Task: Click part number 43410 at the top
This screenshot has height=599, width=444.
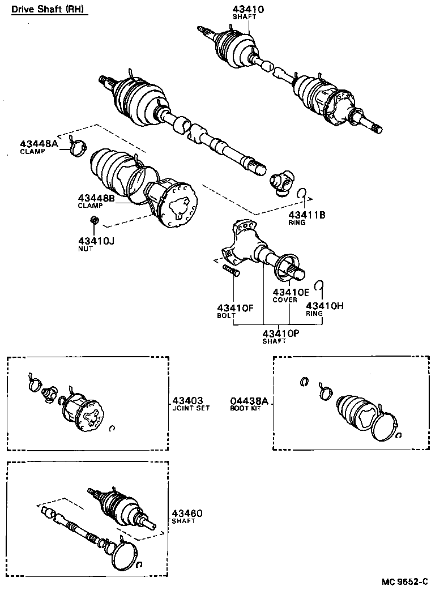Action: point(248,8)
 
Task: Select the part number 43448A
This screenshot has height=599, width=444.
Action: point(39,144)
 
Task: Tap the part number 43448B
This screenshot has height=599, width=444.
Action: point(97,198)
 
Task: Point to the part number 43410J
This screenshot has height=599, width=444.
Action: point(96,241)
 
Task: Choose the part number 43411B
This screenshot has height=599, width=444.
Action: point(307,215)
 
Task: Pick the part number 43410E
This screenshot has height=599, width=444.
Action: point(291,292)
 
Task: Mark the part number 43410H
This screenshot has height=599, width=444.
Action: point(325,306)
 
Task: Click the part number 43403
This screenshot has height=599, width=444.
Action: point(187,400)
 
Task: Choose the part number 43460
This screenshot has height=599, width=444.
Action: point(187,513)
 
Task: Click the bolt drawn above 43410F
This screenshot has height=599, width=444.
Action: point(232,270)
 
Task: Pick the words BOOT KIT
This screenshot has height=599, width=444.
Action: point(246,408)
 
